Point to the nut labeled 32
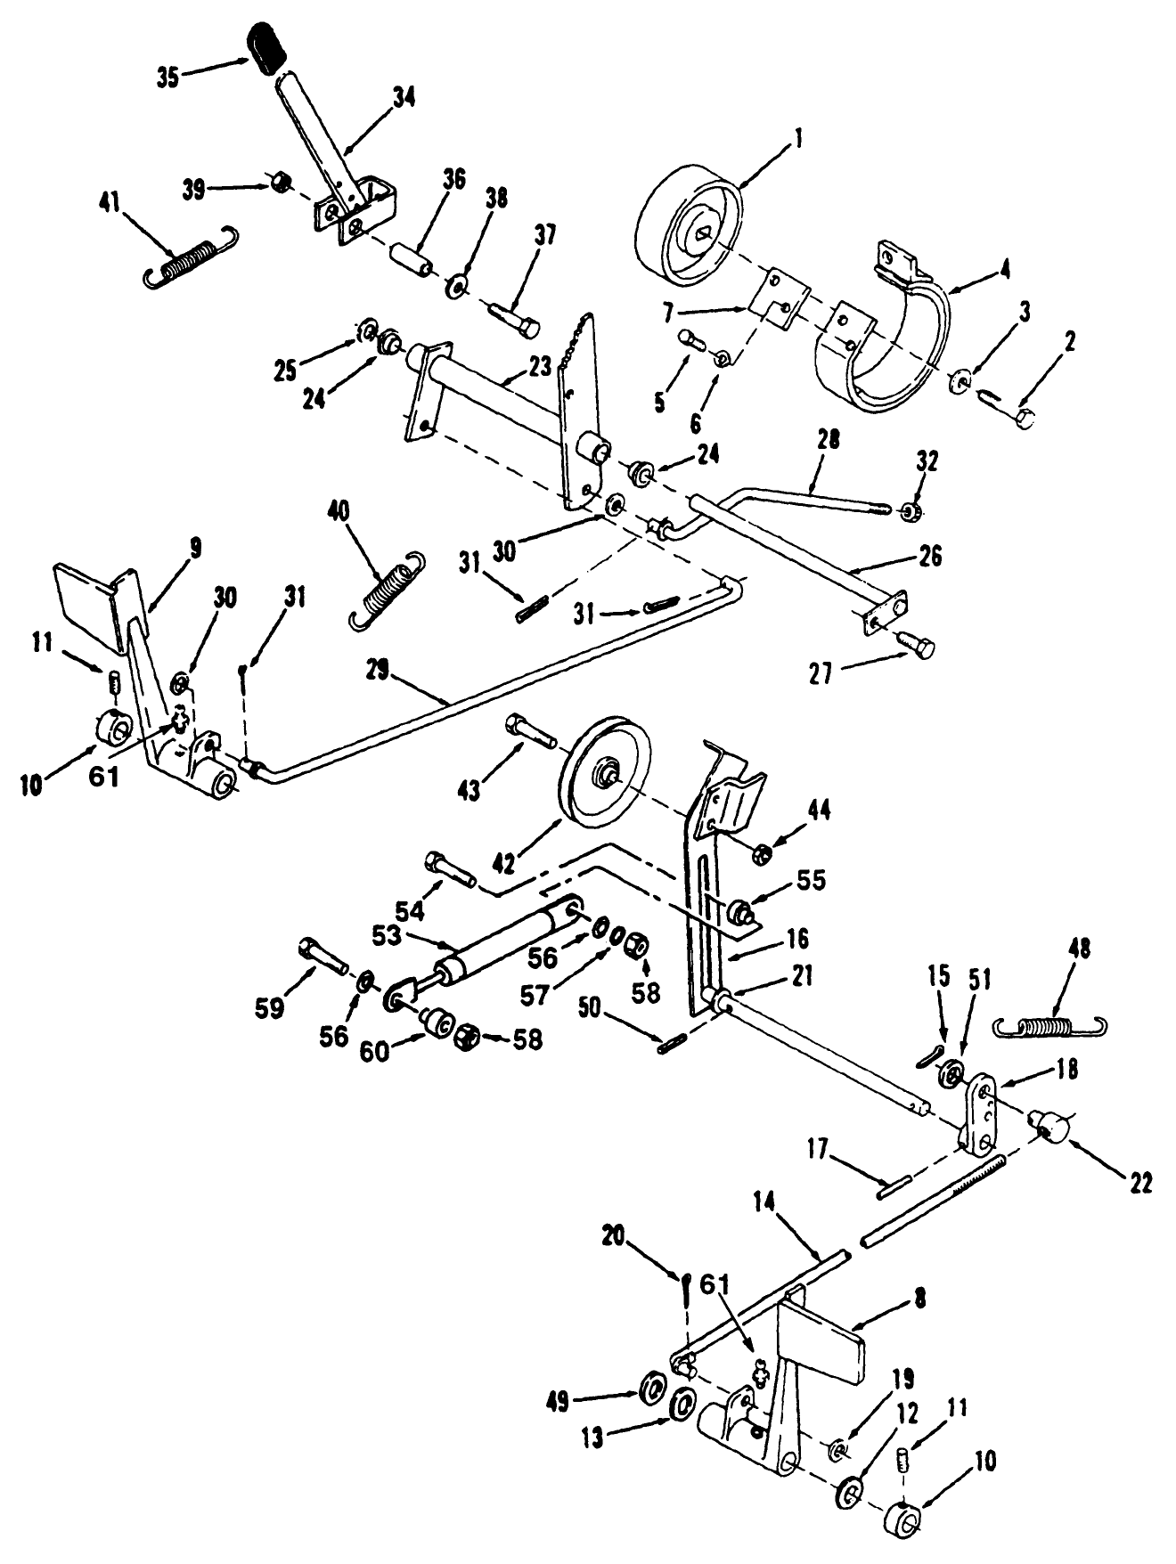(910, 511)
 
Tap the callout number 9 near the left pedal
(193, 548)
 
